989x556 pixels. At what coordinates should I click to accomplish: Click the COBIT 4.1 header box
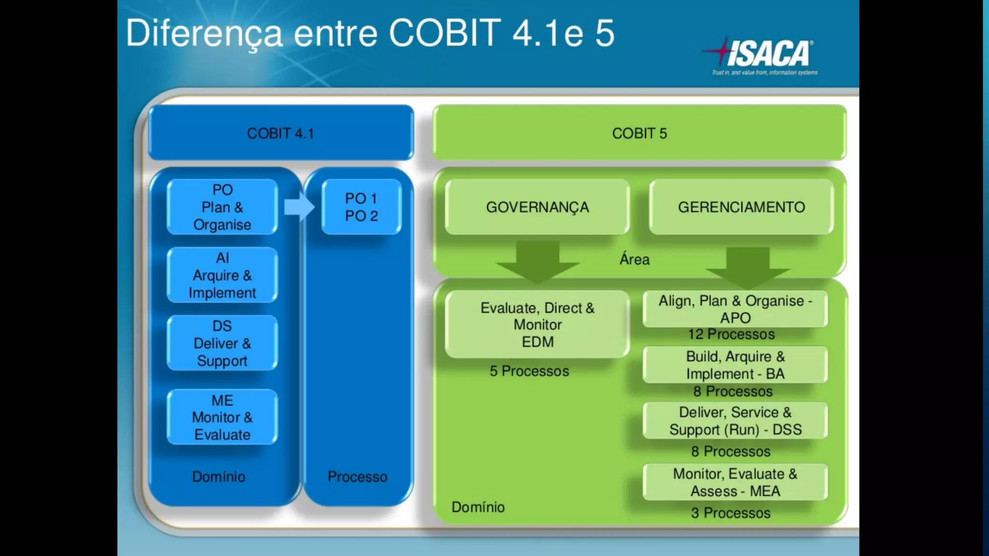coord(281,133)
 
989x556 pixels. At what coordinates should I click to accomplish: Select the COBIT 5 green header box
coord(639,133)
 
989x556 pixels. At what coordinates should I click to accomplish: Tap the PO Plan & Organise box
coord(222,207)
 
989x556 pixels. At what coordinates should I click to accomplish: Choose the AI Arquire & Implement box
coord(222,275)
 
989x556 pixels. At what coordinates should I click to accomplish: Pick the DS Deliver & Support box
coord(222,343)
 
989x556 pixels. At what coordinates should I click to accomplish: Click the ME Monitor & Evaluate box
coord(222,417)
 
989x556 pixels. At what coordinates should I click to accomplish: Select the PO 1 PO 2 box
coord(361,207)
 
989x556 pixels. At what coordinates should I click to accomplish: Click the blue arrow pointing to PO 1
coord(298,207)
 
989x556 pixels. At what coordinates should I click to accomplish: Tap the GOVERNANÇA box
coord(537,207)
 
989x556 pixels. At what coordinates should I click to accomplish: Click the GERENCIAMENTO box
coord(741,207)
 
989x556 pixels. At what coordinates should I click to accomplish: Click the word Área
coord(634,260)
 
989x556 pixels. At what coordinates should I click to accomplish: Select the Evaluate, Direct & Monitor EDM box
coord(537,324)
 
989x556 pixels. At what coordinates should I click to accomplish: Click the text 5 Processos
coord(529,371)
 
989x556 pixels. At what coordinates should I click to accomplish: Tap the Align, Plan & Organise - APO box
coord(735,309)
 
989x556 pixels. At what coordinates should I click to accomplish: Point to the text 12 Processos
coord(731,334)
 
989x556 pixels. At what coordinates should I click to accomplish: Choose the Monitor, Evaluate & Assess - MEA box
coord(735,482)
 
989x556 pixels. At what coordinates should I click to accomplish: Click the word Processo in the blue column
coord(357,477)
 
